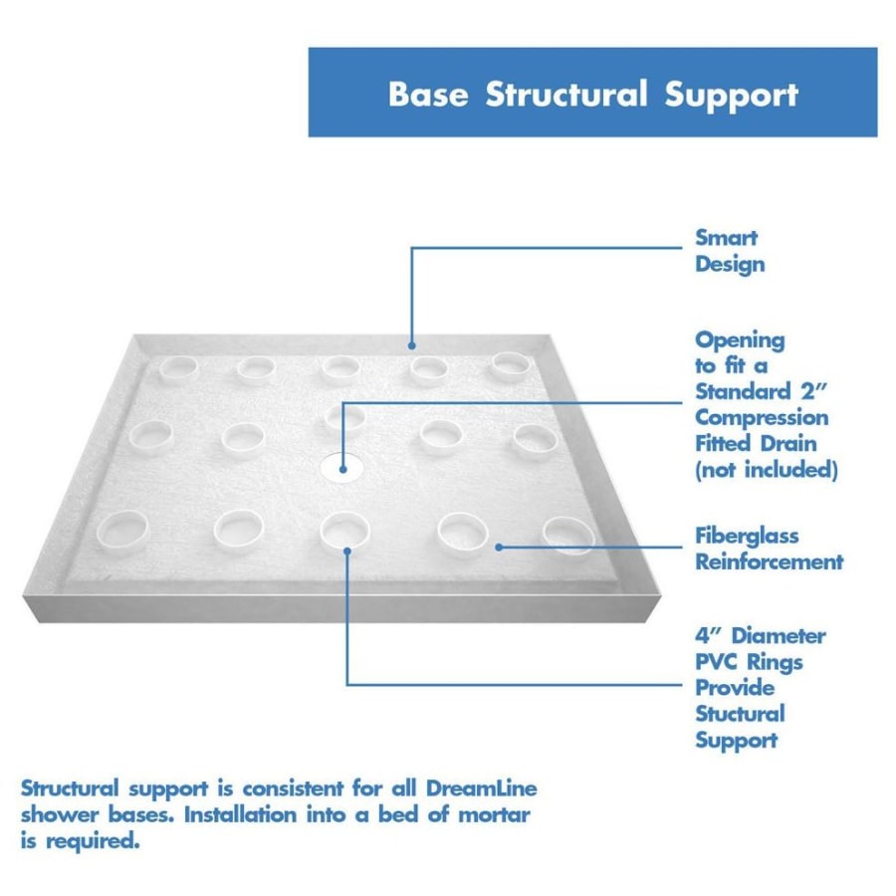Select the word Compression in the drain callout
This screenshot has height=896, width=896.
(x=762, y=417)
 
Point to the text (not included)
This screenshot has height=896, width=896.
(x=766, y=469)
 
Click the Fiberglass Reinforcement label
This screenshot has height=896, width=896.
(x=769, y=549)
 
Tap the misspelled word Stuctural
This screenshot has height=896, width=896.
(x=740, y=714)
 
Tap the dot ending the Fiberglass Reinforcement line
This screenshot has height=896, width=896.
(x=498, y=545)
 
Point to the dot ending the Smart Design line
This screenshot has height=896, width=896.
(x=411, y=345)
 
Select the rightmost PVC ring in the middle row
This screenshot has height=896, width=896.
(x=534, y=439)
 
